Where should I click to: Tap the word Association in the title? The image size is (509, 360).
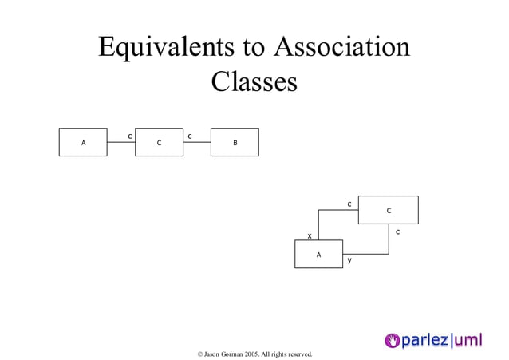click(x=341, y=47)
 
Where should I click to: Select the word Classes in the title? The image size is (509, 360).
click(x=254, y=82)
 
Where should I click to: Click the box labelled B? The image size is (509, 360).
click(x=235, y=143)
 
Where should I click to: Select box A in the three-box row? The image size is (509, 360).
click(x=83, y=143)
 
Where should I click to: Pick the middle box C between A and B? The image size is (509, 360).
click(x=159, y=143)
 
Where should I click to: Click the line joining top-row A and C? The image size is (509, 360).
click(x=120, y=143)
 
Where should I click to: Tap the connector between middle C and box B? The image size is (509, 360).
click(x=196, y=143)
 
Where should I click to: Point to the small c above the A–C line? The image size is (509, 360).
click(x=130, y=136)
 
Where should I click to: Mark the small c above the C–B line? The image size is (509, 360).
click(x=189, y=136)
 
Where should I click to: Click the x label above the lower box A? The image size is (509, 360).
click(x=310, y=235)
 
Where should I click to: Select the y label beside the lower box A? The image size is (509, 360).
click(x=349, y=260)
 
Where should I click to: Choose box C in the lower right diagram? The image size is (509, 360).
click(x=388, y=210)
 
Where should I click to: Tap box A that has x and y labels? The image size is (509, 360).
click(x=318, y=254)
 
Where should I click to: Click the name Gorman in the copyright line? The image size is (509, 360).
click(x=228, y=354)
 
